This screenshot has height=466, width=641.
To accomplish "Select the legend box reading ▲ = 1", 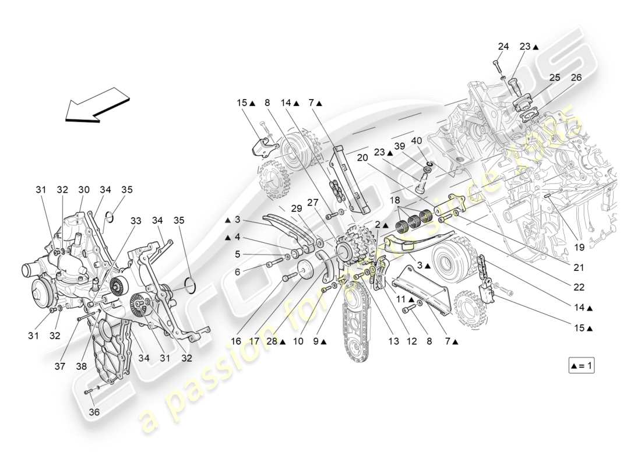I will click(582, 366).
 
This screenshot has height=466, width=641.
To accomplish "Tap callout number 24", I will click(503, 47).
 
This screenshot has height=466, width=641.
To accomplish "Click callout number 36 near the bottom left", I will click(94, 412).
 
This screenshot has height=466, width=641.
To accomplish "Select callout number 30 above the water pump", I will click(84, 189).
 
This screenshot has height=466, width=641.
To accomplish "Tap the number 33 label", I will click(135, 221).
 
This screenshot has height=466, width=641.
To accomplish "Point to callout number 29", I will click(296, 209).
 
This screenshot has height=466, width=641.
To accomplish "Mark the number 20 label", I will click(362, 158).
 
